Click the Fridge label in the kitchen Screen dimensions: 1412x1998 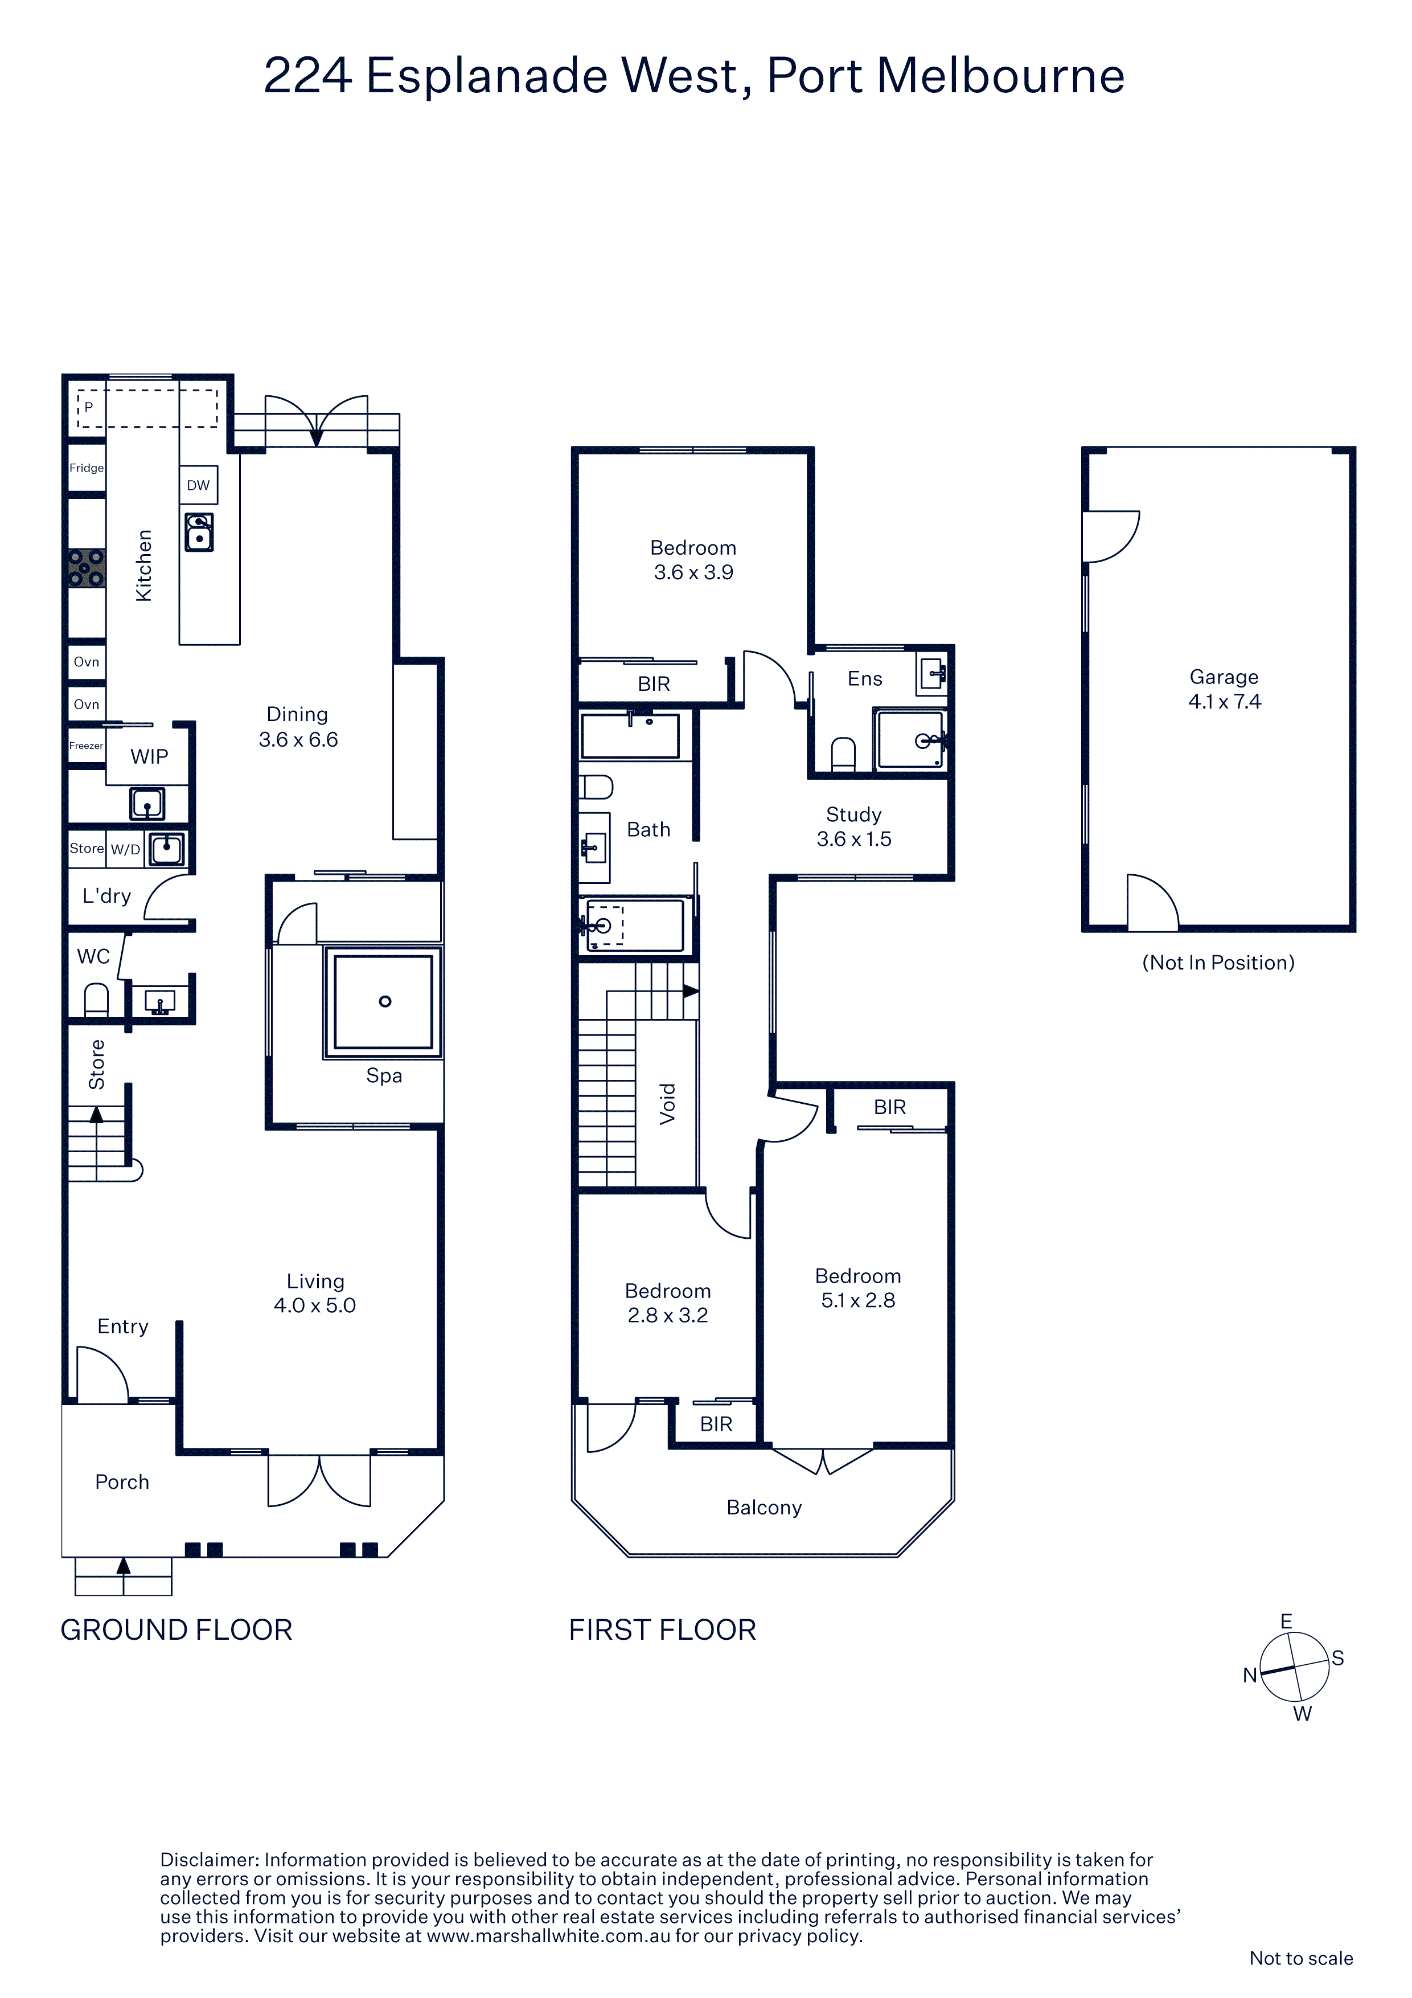(86, 468)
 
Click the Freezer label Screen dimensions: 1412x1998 (86, 746)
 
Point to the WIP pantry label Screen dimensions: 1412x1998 (150, 756)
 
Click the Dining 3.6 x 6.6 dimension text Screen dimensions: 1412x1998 (298, 740)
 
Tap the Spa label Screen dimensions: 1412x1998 (384, 1075)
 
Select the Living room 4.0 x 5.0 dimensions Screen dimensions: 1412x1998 (315, 1305)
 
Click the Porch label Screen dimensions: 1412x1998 (122, 1482)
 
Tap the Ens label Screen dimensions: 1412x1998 (865, 679)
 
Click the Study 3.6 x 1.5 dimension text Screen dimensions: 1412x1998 (855, 839)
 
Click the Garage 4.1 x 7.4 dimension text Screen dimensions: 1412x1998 (1225, 701)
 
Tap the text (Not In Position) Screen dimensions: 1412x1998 (1218, 963)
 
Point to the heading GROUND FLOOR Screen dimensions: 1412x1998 (176, 1630)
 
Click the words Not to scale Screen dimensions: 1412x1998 (1302, 1958)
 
